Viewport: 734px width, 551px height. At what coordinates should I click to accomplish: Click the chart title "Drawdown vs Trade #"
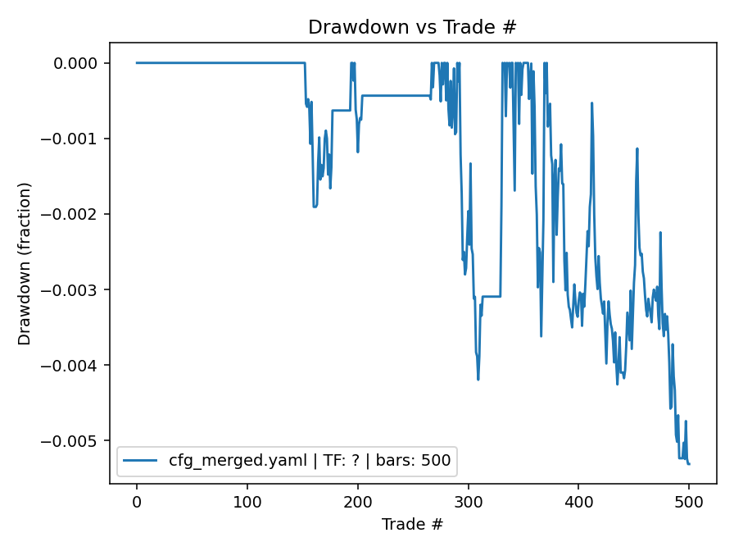pos(412,27)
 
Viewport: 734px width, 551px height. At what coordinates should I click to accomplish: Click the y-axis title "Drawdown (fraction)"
pos(25,263)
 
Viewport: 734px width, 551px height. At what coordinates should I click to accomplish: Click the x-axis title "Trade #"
pos(412,524)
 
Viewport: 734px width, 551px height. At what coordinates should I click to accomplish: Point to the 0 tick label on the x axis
pos(137,501)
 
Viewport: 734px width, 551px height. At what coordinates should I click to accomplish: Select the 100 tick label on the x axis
pos(247,501)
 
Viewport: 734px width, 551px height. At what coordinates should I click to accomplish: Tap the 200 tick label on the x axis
pos(358,501)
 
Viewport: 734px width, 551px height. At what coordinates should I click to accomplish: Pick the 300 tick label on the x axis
pos(468,501)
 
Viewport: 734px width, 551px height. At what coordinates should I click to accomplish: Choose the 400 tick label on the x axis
pos(578,501)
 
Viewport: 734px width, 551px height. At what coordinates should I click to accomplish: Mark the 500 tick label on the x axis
pos(689,501)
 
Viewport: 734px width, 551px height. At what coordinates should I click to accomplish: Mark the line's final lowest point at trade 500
pos(689,464)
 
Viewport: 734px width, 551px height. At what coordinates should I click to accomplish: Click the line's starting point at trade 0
pos(137,62)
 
